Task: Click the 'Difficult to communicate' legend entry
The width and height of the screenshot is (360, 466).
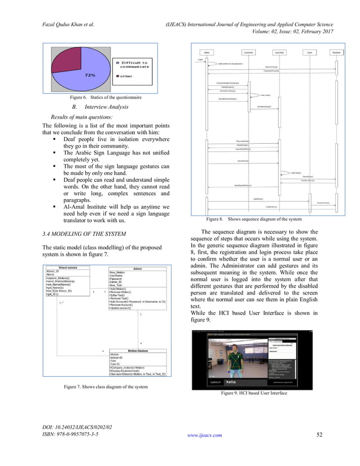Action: click(x=133, y=65)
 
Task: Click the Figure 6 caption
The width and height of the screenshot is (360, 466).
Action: click(x=102, y=97)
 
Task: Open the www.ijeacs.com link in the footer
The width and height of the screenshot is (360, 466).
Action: click(x=205, y=451)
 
